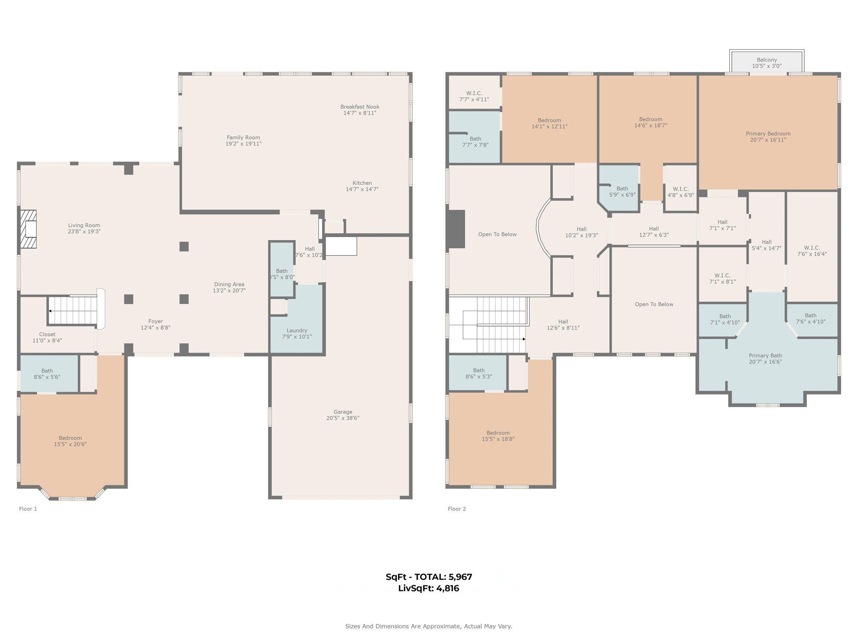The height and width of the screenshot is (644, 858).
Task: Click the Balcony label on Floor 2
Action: [767, 60]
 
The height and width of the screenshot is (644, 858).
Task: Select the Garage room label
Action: [343, 412]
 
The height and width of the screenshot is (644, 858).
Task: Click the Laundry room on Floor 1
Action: [297, 330]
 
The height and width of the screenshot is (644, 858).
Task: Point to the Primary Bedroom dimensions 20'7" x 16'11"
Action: [768, 140]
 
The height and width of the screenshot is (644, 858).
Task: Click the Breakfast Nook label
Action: [359, 107]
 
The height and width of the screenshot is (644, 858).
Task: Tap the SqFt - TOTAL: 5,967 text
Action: [429, 576]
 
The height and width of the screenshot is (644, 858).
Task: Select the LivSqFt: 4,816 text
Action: [429, 588]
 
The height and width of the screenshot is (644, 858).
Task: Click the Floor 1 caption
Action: [28, 509]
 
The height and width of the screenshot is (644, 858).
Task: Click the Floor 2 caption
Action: [457, 509]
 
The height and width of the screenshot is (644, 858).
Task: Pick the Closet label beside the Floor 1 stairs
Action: [47, 334]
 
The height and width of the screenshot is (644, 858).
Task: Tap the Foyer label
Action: [155, 321]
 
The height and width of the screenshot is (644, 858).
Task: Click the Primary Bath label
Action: [765, 356]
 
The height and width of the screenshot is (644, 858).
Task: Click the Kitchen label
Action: [362, 183]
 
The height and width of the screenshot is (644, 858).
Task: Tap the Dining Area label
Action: [229, 284]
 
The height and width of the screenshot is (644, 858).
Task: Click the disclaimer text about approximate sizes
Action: [429, 626]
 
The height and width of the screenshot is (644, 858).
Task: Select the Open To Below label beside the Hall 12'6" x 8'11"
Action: [654, 304]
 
